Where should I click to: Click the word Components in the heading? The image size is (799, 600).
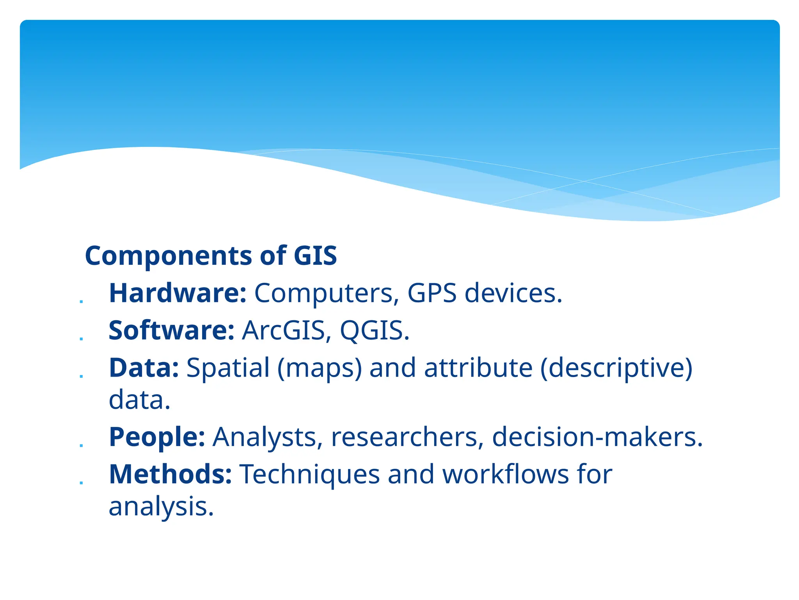(x=169, y=256)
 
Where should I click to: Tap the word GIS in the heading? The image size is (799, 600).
(x=315, y=256)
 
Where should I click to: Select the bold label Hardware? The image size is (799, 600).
(x=178, y=293)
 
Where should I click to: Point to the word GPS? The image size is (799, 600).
(x=432, y=293)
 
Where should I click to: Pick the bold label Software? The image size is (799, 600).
(x=171, y=330)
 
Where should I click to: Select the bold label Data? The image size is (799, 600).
(x=144, y=368)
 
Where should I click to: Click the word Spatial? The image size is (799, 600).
(x=228, y=368)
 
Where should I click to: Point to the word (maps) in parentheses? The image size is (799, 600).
(x=320, y=368)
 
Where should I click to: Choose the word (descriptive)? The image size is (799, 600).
(x=616, y=368)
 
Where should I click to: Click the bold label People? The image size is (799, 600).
(x=157, y=437)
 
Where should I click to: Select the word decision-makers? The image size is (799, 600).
(x=597, y=437)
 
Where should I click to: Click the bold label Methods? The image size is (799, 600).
(x=170, y=474)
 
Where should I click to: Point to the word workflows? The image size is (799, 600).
(x=505, y=474)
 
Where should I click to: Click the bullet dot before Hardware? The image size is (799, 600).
(x=81, y=302)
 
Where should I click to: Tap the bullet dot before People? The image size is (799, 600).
(x=81, y=445)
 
